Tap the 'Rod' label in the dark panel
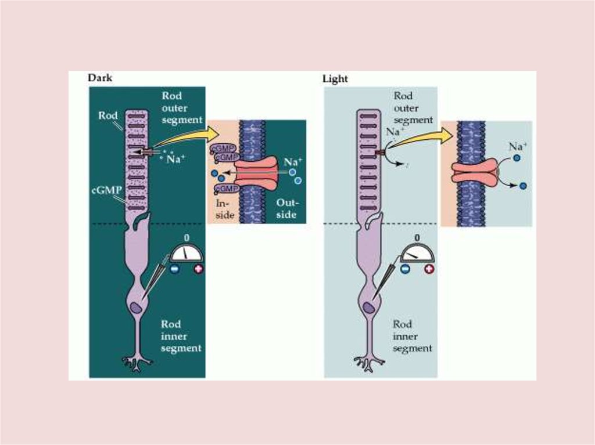(x=108, y=115)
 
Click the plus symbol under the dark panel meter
(x=199, y=270)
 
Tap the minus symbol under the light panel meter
(x=406, y=269)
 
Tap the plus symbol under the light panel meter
(x=429, y=269)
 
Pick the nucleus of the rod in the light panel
(x=367, y=308)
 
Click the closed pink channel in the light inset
(x=475, y=173)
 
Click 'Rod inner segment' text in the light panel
(x=412, y=337)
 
